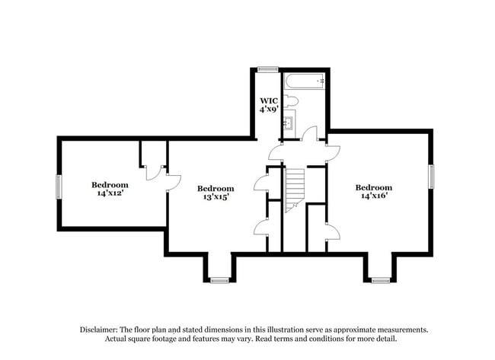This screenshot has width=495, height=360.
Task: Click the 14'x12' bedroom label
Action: pos(110,189)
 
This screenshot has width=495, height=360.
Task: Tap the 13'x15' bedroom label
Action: pos(215,193)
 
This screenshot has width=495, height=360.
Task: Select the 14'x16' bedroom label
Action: pos(373,192)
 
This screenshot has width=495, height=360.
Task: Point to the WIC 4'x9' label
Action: pos(268,104)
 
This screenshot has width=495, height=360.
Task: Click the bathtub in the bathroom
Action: pos(305,80)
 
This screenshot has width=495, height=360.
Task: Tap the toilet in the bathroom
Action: pos(292,100)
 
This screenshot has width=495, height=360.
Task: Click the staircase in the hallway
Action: pos(294,189)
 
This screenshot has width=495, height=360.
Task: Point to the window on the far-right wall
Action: pos(431,177)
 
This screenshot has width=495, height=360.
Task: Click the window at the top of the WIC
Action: pos(267,69)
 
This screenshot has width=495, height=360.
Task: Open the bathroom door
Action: pos(308,135)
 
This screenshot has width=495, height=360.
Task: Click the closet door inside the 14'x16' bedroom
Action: pos(331,232)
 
